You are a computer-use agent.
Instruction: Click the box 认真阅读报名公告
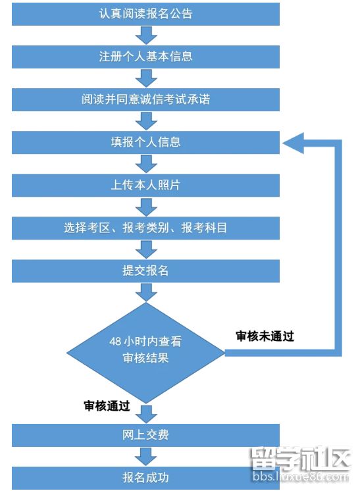click(145, 14)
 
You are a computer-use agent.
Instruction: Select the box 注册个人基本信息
click(145, 57)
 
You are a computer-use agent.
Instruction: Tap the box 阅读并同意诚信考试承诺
click(145, 99)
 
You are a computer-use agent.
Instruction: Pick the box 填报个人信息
click(145, 142)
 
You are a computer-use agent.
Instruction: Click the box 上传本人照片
click(145, 186)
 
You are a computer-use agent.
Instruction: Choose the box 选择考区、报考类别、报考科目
click(145, 228)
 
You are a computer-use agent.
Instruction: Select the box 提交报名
click(145, 271)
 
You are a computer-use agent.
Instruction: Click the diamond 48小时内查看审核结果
click(146, 353)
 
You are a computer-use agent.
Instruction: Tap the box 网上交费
click(145, 435)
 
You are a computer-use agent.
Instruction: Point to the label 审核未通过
click(265, 336)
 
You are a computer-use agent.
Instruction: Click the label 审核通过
click(107, 406)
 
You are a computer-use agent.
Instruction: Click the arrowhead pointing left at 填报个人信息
click(294, 143)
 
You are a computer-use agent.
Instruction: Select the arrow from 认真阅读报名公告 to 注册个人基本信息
click(146, 36)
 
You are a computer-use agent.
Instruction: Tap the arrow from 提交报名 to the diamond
click(146, 292)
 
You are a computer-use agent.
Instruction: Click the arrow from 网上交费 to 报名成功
click(146, 457)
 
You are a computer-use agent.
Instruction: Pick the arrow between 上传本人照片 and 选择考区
click(146, 207)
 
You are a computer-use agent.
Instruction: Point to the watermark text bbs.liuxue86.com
click(301, 477)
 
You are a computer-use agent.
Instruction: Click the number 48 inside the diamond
click(115, 342)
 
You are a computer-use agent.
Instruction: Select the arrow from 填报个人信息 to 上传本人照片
click(146, 164)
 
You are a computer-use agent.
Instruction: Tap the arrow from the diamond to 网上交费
click(146, 414)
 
